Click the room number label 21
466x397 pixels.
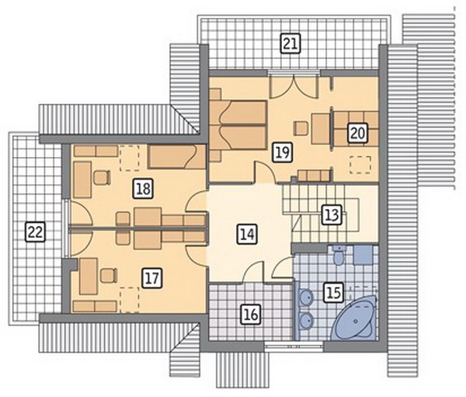[290, 44]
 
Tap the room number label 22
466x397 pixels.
[35, 232]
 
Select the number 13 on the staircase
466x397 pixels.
[332, 214]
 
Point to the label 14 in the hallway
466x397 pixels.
[248, 234]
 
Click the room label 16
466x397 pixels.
[251, 314]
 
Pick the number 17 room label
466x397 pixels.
[151, 278]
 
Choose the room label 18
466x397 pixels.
[143, 189]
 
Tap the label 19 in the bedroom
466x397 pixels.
[282, 152]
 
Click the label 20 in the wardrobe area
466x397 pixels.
[357, 133]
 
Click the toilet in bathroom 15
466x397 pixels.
[338, 255]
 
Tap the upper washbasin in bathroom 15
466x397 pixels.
[306, 297]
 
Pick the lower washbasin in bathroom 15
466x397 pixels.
[306, 321]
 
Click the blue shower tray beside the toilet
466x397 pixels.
[362, 255]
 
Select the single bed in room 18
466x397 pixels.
[177, 157]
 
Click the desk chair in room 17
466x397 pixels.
[108, 275]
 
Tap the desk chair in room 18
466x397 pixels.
[102, 177]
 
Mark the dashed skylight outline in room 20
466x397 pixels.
[360, 165]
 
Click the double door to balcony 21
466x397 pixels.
[293, 87]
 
